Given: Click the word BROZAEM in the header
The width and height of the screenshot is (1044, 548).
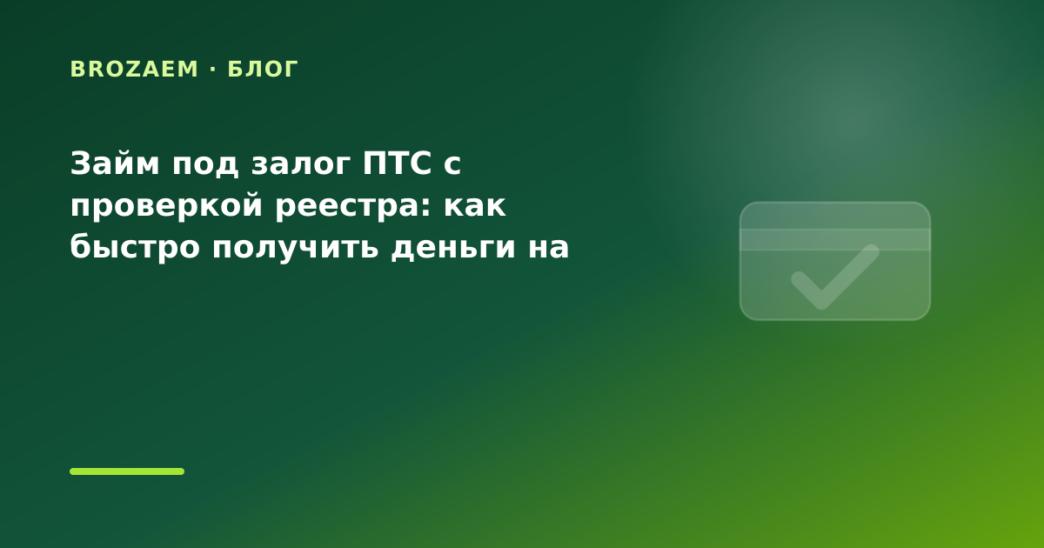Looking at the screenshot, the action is pyautogui.click(x=134, y=69).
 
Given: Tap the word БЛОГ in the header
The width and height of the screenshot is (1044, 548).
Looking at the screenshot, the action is pyautogui.click(x=263, y=69).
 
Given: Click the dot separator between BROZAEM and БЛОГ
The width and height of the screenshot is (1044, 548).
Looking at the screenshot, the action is pyautogui.click(x=213, y=69).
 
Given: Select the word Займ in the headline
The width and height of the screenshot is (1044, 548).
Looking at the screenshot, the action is pyautogui.click(x=115, y=164).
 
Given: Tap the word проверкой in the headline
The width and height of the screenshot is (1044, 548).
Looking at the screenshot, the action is pyautogui.click(x=167, y=206).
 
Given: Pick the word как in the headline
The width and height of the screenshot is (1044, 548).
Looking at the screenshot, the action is pyautogui.click(x=475, y=206).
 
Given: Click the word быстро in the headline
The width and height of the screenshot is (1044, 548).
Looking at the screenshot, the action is pyautogui.click(x=135, y=247).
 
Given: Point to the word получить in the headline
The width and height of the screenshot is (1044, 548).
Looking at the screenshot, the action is pyautogui.click(x=296, y=249).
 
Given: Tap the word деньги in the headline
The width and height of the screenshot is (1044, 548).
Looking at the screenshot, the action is pyautogui.click(x=453, y=249).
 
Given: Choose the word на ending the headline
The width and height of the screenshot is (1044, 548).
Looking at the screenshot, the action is pyautogui.click(x=549, y=248).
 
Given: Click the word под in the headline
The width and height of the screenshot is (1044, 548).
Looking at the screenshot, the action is pyautogui.click(x=205, y=165).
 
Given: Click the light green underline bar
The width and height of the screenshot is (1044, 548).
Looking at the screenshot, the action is pyautogui.click(x=127, y=471).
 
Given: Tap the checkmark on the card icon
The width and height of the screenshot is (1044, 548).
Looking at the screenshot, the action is pyautogui.click(x=835, y=277).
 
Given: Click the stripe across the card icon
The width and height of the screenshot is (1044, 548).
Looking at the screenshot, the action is pyautogui.click(x=835, y=240).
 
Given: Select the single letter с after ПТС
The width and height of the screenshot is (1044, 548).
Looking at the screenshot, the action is pyautogui.click(x=452, y=165).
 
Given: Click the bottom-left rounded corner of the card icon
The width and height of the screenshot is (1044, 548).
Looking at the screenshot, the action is pyautogui.click(x=746, y=315).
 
